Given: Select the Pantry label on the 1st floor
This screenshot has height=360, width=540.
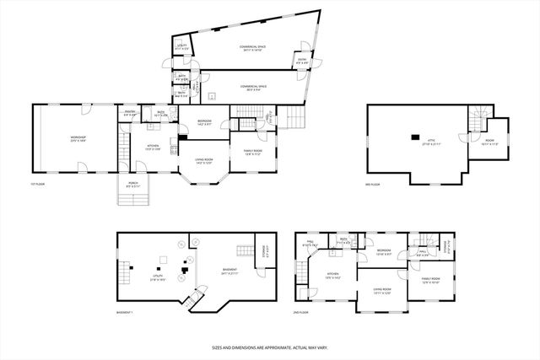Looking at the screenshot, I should tap(131, 113).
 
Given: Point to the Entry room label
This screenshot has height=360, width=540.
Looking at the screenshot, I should tap(301, 61).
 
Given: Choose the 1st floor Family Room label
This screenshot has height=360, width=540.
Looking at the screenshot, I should tap(255, 153).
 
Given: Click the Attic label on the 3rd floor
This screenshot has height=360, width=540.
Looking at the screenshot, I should tap(432, 143).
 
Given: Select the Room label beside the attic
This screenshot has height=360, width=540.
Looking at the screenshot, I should tap(489, 143).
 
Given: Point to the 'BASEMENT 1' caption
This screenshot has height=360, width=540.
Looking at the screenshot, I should tap(129, 311).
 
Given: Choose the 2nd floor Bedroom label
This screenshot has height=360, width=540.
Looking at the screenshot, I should tap(384, 252).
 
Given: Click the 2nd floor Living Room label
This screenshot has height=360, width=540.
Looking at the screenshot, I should tap(383, 291).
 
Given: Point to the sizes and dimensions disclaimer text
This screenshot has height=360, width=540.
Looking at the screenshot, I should tap(269, 346).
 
